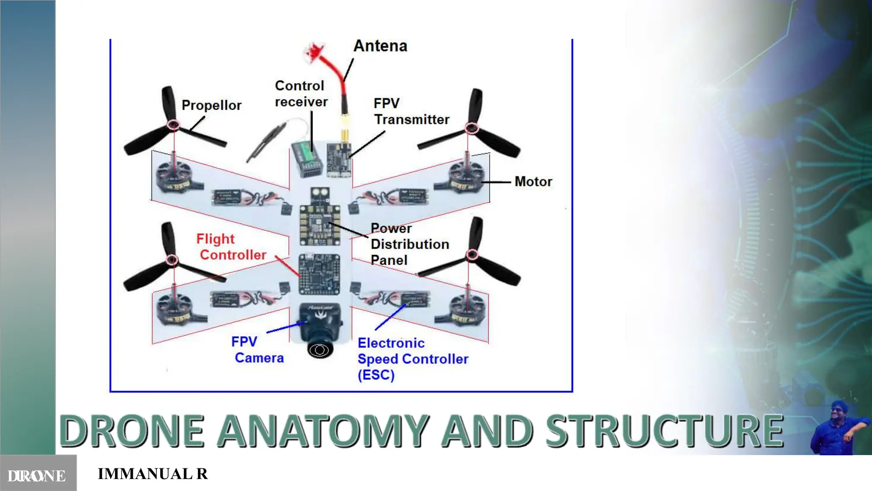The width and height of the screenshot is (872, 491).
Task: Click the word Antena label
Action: (x=380, y=46)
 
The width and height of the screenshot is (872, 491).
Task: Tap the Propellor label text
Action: (x=211, y=105)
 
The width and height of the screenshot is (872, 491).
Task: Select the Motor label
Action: (x=533, y=182)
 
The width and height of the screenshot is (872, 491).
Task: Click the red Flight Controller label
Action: (x=231, y=247)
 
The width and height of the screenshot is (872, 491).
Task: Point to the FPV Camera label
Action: (x=257, y=349)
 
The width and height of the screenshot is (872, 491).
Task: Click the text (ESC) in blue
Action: (x=376, y=375)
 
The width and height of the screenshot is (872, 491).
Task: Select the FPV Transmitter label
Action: (x=411, y=112)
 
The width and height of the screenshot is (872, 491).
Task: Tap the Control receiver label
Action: (x=301, y=94)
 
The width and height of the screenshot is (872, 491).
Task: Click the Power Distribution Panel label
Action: (x=409, y=244)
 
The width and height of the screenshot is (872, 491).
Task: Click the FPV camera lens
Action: (x=320, y=350)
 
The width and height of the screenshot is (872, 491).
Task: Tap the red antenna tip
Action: (x=313, y=51)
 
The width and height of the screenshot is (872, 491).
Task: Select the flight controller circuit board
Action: (x=319, y=274)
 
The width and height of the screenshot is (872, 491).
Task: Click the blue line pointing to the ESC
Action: (x=390, y=317)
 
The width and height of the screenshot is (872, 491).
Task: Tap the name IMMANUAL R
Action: (x=153, y=474)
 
